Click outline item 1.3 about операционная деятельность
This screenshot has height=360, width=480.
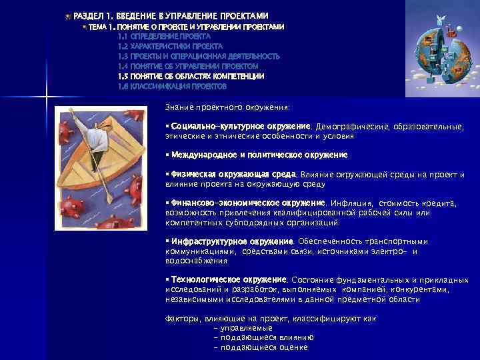coord(199,57)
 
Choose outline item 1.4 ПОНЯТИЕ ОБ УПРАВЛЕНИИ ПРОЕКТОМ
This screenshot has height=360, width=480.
coord(187,67)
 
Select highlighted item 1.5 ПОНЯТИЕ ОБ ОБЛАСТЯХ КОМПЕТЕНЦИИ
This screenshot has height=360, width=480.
coord(191,77)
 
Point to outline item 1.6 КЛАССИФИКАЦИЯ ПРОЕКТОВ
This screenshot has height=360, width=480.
coord(172,87)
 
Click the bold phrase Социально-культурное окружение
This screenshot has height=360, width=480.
coord(241,126)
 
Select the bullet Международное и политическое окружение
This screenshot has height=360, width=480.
coord(259,155)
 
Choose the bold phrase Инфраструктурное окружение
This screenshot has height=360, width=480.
coord(232,241)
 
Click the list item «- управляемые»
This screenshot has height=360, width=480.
coord(243,328)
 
